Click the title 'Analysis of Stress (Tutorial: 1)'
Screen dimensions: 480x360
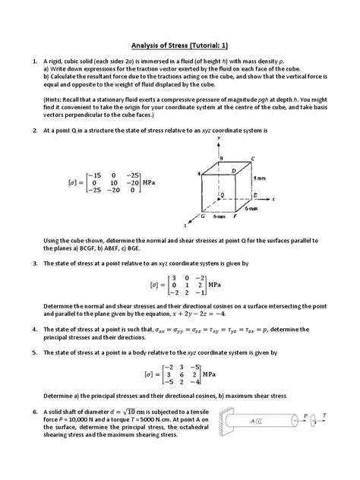coord(179,44)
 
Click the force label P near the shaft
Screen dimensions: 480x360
coord(308,415)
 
